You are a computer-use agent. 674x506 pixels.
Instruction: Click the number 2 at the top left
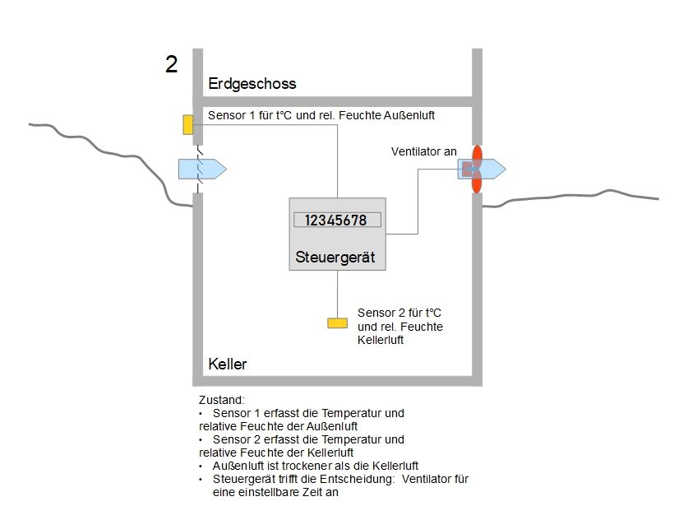pos(171,65)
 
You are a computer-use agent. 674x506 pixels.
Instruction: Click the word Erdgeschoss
pos(252,84)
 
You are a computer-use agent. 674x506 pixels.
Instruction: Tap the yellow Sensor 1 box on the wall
pos(188,124)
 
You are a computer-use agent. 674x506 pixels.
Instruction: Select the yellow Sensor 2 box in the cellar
pos(337,323)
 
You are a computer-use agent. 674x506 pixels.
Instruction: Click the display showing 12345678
pos(337,221)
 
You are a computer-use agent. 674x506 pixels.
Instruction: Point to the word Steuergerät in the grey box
pos(335,258)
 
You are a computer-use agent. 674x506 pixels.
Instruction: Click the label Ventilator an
pos(424,151)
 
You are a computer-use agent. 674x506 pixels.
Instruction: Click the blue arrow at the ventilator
pos(485,169)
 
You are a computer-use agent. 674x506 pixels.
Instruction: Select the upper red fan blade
pos(476,154)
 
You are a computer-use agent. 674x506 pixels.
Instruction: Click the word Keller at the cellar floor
pos(228,364)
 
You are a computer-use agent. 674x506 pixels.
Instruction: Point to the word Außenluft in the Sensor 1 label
pos(404,116)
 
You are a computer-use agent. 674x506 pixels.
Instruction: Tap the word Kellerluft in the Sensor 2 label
pos(381,341)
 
